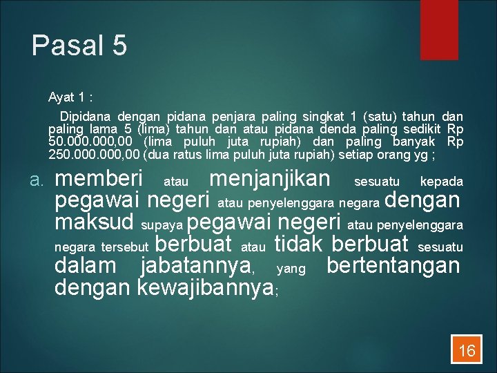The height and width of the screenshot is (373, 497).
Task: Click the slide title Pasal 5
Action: click(x=79, y=46)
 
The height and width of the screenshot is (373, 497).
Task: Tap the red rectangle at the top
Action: click(x=440, y=29)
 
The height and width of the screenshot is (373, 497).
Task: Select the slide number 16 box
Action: click(x=467, y=350)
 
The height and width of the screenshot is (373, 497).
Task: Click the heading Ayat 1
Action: click(x=71, y=97)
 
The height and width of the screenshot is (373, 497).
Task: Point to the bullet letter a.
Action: click(x=37, y=181)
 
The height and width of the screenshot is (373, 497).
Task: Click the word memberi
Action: click(x=99, y=179)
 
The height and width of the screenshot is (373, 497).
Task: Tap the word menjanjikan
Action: click(x=270, y=179)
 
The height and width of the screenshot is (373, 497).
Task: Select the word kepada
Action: click(x=442, y=182)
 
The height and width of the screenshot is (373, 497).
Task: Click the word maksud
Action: click(x=94, y=223)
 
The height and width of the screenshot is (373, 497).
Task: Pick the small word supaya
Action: click(x=162, y=226)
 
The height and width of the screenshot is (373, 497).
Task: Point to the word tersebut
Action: click(x=124, y=247)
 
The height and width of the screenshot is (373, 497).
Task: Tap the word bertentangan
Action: click(x=393, y=266)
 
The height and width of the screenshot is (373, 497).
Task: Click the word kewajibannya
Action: click(x=206, y=287)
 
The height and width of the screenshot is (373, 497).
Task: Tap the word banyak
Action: click(x=419, y=142)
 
